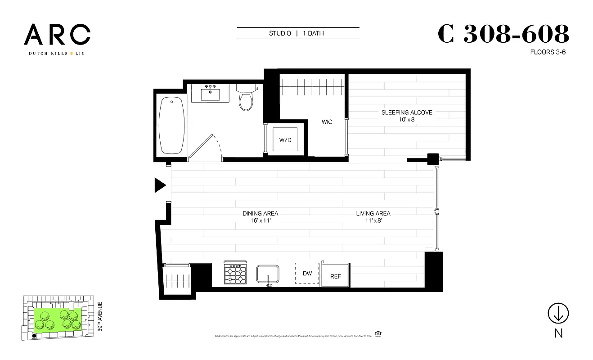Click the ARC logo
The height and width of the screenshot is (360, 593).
(57, 35)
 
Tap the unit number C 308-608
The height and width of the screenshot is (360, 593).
(503, 34)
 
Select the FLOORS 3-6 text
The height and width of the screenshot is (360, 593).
(548, 52)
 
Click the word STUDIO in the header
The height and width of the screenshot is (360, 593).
(279, 33)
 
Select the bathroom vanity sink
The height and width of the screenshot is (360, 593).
(211, 94)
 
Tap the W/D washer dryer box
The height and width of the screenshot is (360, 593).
(285, 140)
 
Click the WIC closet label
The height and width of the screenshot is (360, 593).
(327, 122)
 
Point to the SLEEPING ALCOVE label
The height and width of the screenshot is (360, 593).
(407, 112)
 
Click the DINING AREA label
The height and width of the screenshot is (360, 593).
(260, 213)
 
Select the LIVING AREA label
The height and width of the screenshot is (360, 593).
(373, 213)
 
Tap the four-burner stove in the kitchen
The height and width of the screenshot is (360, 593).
(235, 274)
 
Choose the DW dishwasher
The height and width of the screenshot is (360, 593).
(307, 274)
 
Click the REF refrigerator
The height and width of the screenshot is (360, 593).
(336, 276)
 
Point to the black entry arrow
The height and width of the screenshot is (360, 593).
(160, 185)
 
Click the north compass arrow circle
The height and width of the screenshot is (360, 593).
(558, 313)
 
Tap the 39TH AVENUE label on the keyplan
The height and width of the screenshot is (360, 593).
(100, 317)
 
